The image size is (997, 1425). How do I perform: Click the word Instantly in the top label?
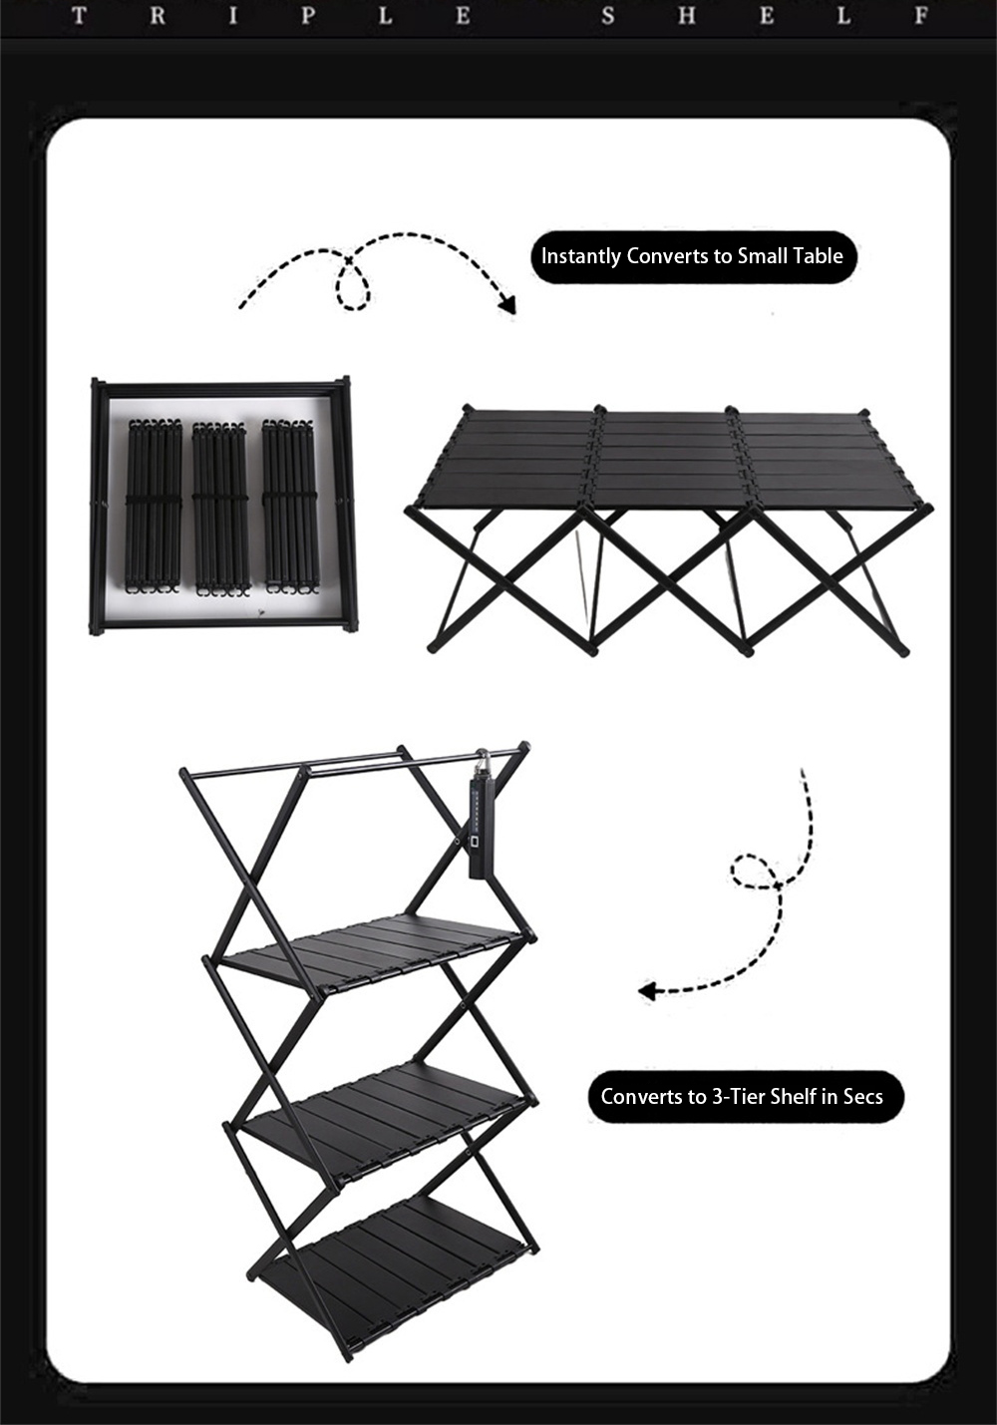[x=580, y=256]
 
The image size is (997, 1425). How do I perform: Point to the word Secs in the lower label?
[x=862, y=1096]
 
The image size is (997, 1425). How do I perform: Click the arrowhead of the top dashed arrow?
[x=507, y=304]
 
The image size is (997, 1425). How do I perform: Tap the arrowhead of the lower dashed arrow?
[x=647, y=990]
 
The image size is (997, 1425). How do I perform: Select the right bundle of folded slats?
[x=289, y=506]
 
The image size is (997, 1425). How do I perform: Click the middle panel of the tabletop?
[x=664, y=457]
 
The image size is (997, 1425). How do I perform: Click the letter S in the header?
[x=608, y=16]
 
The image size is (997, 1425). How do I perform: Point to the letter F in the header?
[x=920, y=16]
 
